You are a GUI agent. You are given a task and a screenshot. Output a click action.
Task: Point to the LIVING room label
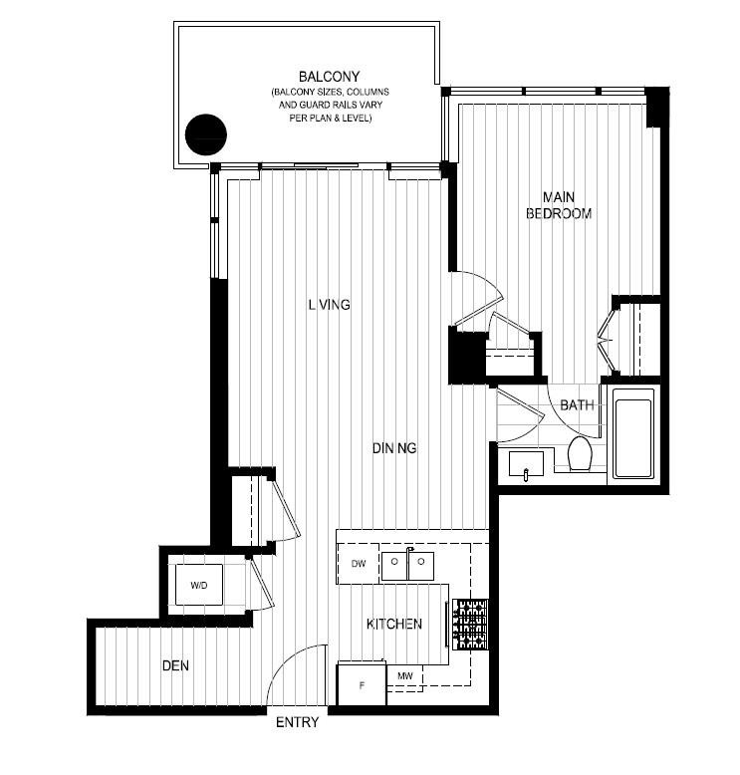(329, 305)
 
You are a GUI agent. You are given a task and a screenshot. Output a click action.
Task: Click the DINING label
(394, 448)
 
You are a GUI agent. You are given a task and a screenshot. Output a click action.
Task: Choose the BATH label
(577, 405)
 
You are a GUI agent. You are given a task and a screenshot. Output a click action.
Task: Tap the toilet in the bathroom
(580, 455)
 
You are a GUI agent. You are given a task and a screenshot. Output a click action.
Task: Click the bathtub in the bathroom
(632, 438)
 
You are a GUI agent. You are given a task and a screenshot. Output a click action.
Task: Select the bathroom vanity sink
(528, 464)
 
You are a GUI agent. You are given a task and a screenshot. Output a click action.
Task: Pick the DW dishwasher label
(360, 564)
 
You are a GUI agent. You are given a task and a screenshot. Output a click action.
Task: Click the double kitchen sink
(408, 565)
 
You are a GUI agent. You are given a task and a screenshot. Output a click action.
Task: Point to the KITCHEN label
(394, 625)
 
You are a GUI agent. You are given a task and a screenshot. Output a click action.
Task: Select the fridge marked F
(362, 685)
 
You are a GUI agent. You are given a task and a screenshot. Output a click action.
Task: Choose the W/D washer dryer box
(200, 585)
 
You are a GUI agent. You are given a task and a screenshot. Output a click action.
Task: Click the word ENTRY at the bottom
(297, 722)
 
